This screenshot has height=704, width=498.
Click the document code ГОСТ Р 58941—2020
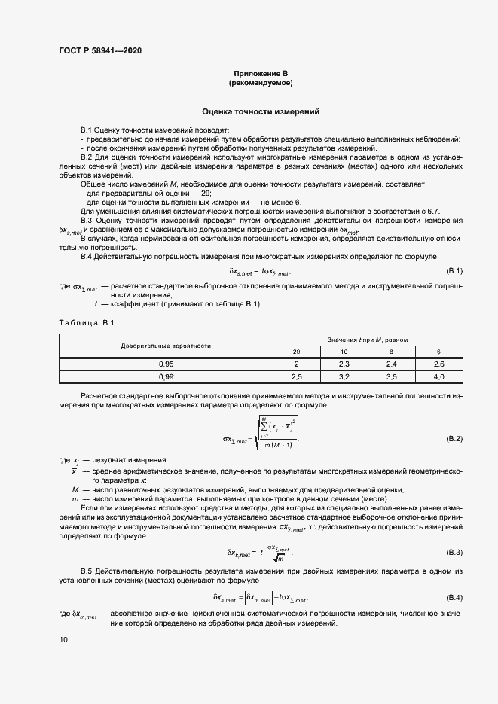pos(99,51)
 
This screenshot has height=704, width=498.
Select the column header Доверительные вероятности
pos(167,346)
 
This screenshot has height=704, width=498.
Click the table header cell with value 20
pos(297,352)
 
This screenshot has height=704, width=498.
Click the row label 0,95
pos(167,364)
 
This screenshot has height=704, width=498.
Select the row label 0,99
pos(167,376)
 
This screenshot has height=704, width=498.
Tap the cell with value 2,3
pos(344,364)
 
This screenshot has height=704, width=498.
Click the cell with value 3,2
pos(344,376)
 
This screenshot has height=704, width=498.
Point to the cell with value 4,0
pos(438,376)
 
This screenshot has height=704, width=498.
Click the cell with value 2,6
pos(438,364)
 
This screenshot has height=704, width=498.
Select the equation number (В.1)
pos(454,270)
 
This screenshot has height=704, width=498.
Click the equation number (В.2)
pos(454,438)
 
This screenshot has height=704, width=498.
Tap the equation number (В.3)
pos(454,553)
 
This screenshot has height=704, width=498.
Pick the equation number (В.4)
pos(454,598)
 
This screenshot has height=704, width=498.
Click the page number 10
pos(63,639)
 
